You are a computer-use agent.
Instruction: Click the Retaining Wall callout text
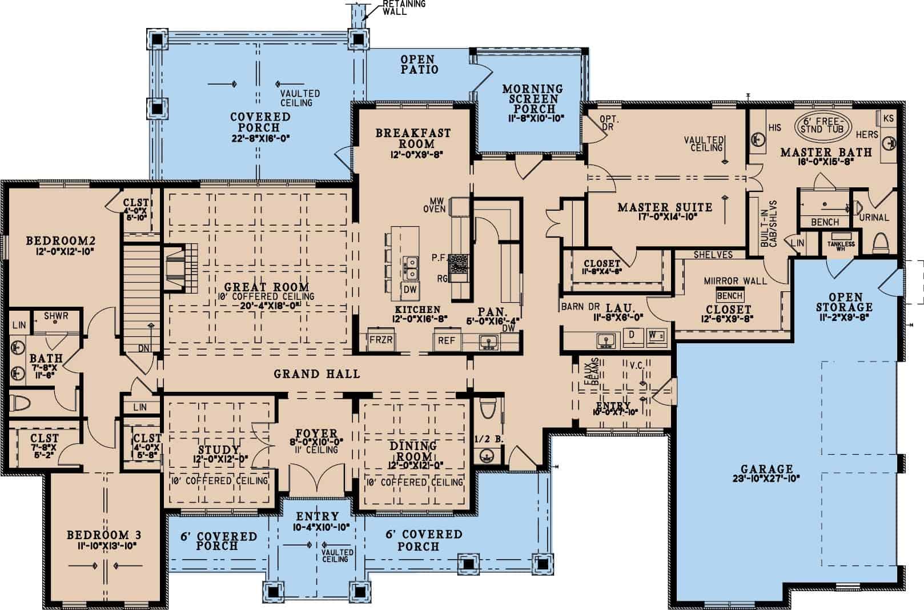403,7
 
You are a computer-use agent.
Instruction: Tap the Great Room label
266,287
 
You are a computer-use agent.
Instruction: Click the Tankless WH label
841,244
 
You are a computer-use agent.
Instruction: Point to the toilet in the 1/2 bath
488,409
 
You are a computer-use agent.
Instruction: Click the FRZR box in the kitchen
381,340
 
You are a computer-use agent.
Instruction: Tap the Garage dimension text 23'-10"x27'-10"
766,478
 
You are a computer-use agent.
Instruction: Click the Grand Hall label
317,374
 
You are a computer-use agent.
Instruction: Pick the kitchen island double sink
410,266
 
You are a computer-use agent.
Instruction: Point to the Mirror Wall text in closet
735,280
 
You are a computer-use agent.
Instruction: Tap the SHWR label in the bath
56,316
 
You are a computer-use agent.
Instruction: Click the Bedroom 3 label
104,535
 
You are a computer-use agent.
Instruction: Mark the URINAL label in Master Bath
874,217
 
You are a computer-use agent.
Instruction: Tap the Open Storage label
845,302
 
